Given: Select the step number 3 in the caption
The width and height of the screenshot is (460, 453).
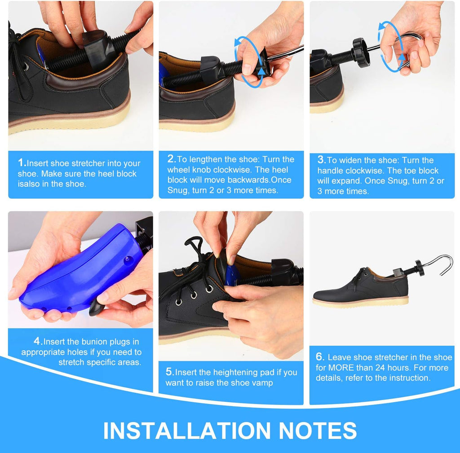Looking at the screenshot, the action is pyautogui.click(x=321, y=160).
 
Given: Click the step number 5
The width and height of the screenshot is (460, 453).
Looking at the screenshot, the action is pyautogui.click(x=169, y=372).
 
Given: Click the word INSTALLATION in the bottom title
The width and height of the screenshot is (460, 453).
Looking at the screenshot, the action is pyautogui.click(x=186, y=431).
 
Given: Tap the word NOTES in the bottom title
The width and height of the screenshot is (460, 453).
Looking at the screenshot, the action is pyautogui.click(x=318, y=431).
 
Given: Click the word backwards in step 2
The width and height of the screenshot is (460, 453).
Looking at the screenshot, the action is pyautogui.click(x=249, y=180).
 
